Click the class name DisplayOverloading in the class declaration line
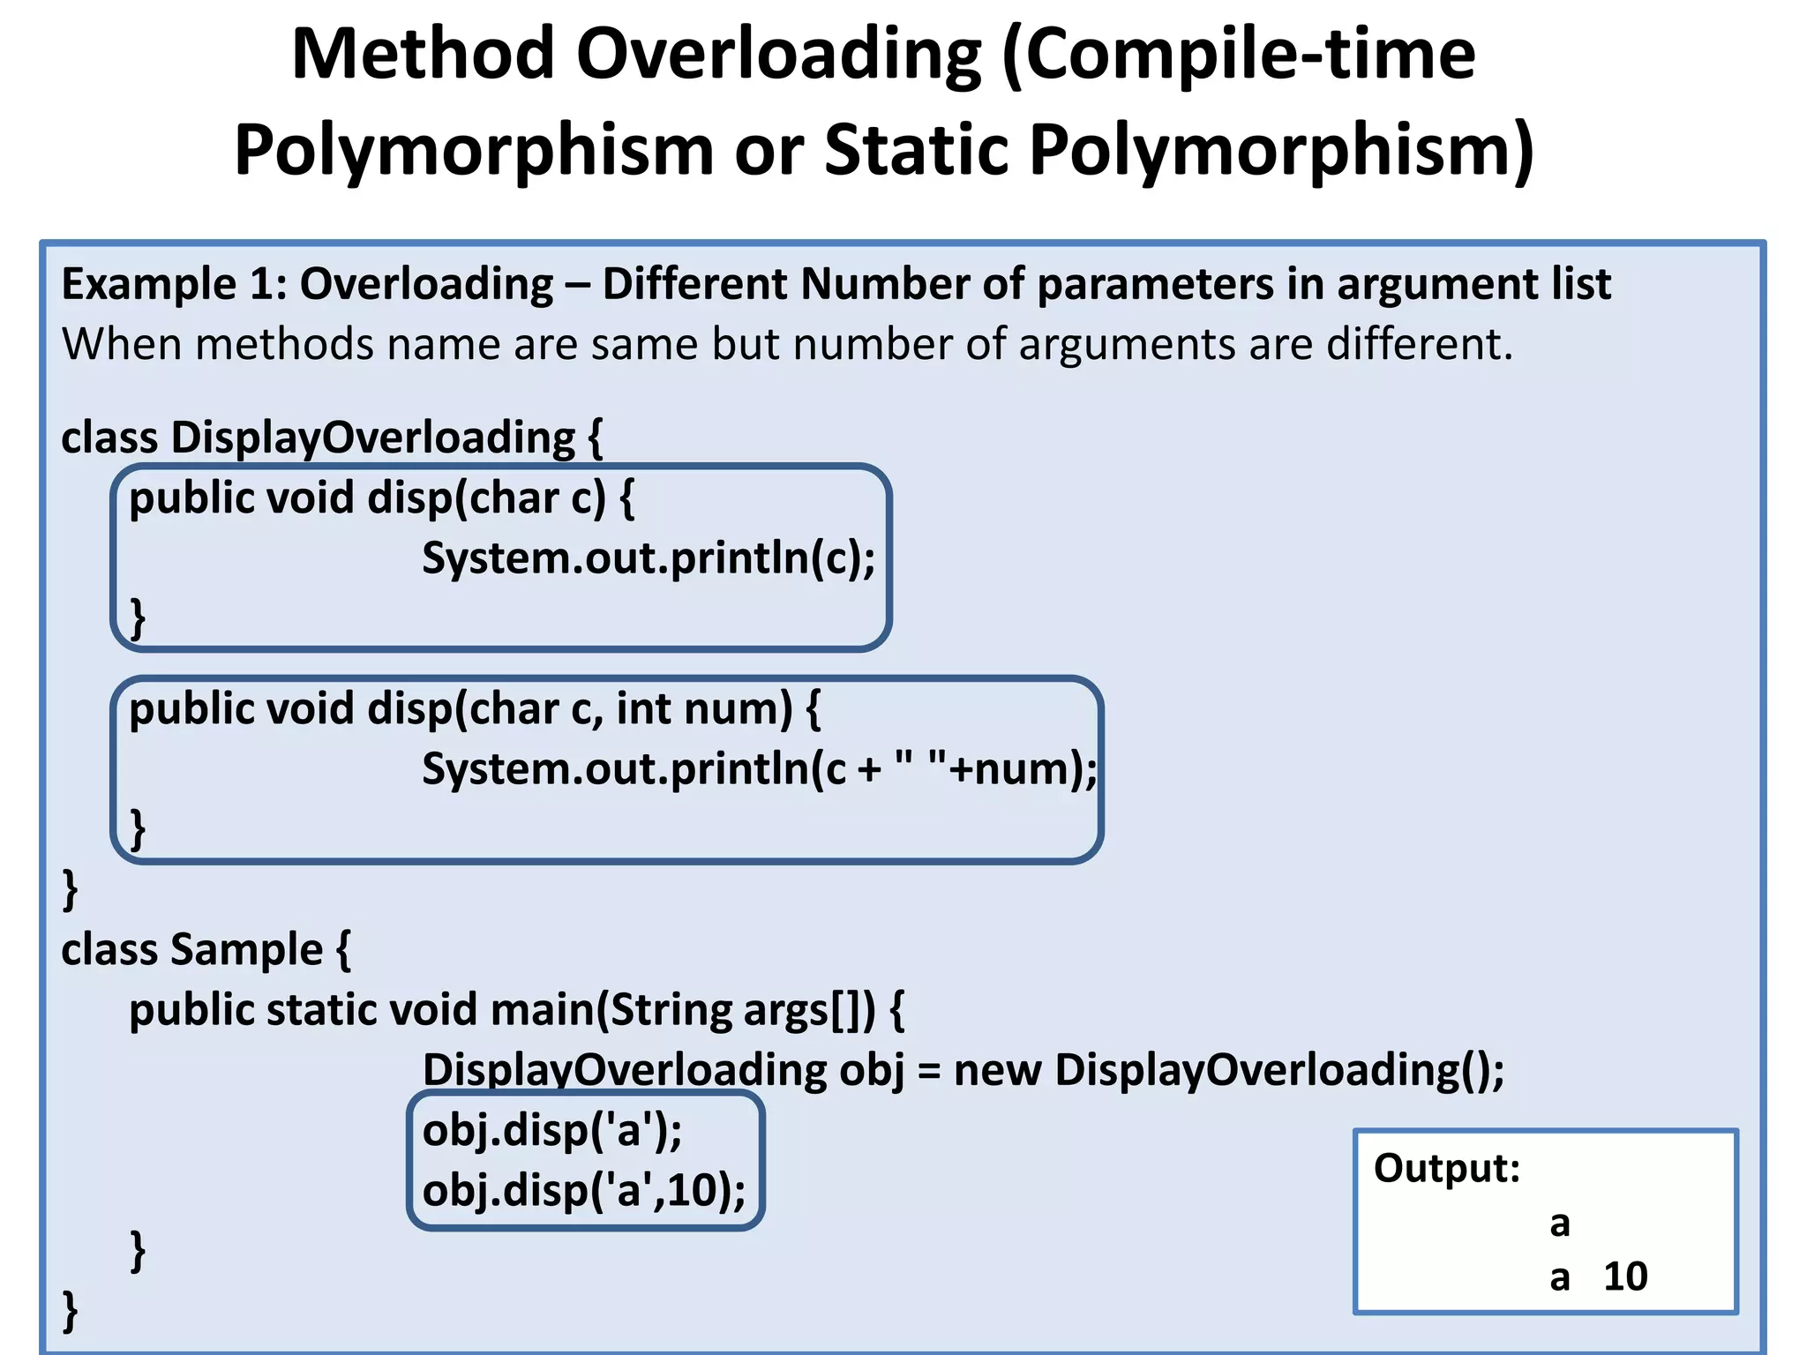372,438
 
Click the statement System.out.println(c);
649,558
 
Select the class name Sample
246,950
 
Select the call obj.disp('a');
552,1131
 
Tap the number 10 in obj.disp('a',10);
693,1191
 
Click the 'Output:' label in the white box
1447,1169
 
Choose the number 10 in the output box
1625,1277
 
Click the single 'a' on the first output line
1560,1224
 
